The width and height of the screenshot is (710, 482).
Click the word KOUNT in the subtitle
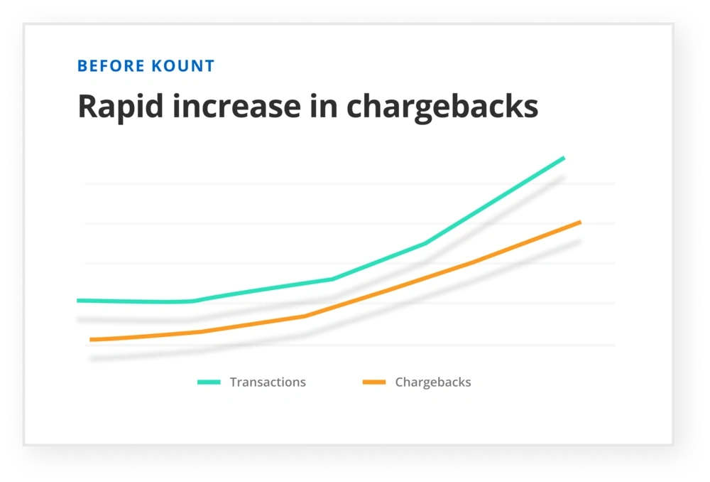click(x=183, y=66)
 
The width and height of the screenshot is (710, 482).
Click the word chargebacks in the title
click(x=442, y=107)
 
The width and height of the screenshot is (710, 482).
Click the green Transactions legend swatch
click(x=209, y=382)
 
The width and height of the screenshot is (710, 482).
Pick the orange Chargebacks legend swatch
click(x=374, y=382)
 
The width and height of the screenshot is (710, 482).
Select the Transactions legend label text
click(x=268, y=382)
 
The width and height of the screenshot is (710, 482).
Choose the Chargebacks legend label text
click(x=433, y=382)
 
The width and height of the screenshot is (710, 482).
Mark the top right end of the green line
click(x=564, y=158)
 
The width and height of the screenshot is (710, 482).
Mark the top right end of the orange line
click(x=580, y=223)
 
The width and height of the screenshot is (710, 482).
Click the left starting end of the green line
click(x=78, y=301)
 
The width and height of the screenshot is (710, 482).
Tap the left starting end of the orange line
click(x=91, y=340)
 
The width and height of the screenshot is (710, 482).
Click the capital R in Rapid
click(x=87, y=107)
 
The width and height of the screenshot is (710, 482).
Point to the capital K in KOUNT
click(x=156, y=66)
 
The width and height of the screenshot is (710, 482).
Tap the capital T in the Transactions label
click(x=234, y=382)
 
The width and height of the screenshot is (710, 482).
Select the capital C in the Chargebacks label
click(x=399, y=382)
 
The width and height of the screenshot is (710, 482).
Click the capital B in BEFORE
click(x=82, y=66)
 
